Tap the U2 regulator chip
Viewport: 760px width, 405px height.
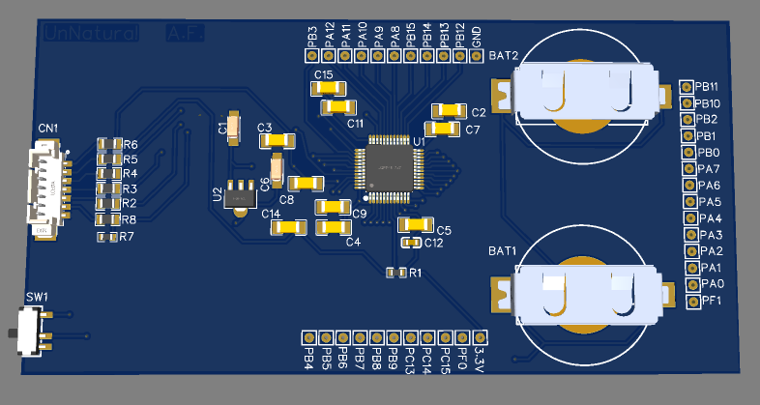[238, 194]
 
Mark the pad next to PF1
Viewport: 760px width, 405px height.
[693, 302]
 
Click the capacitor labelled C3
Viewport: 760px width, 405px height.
[278, 141]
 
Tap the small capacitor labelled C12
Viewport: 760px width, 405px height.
[411, 243]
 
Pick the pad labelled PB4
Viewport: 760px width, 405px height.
[308, 337]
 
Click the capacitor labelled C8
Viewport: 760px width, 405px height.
[307, 182]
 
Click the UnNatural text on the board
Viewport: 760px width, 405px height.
[92, 34]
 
